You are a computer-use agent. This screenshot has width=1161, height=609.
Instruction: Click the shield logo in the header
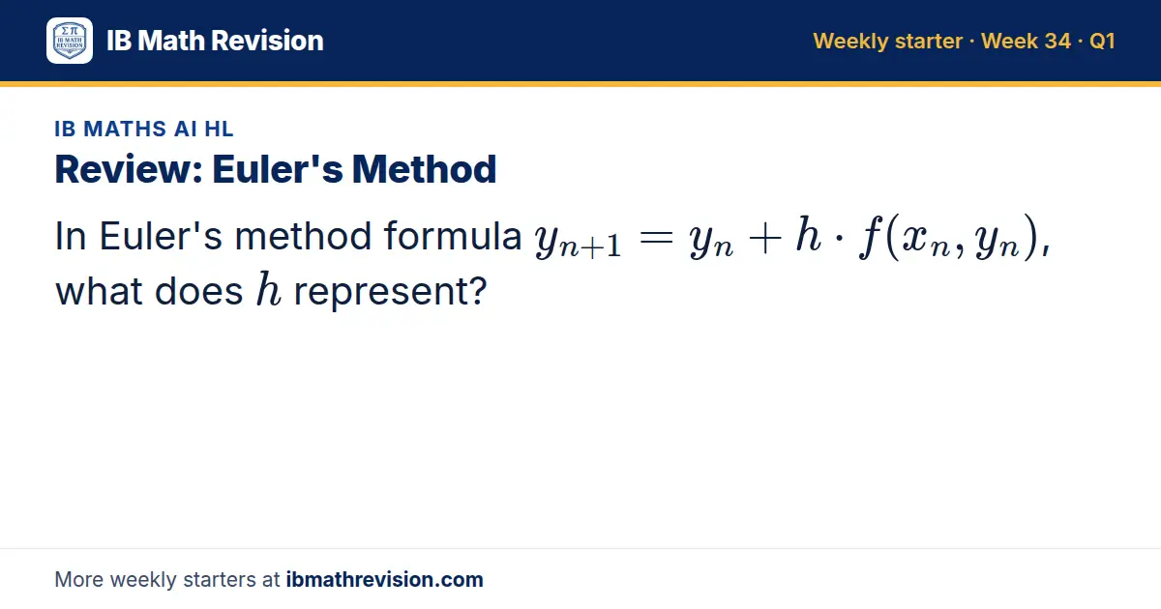[70, 41]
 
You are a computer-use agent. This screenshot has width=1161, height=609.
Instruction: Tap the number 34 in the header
[1057, 41]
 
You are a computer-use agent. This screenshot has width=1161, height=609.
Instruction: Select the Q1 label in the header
[1102, 41]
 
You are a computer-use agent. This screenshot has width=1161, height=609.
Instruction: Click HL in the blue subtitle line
[219, 129]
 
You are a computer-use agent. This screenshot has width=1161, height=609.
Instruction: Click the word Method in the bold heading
[424, 169]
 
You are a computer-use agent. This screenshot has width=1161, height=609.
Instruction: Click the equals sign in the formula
[656, 238]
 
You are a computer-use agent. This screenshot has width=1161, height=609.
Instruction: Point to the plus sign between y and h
[765, 238]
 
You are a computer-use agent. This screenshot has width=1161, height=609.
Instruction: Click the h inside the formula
[809, 234]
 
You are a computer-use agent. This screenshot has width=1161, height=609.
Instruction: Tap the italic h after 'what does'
[269, 289]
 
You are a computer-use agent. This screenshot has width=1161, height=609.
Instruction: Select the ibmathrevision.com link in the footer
[385, 579]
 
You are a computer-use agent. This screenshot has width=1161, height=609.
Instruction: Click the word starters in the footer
[220, 580]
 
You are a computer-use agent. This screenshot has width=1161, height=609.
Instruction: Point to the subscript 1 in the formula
[614, 246]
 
